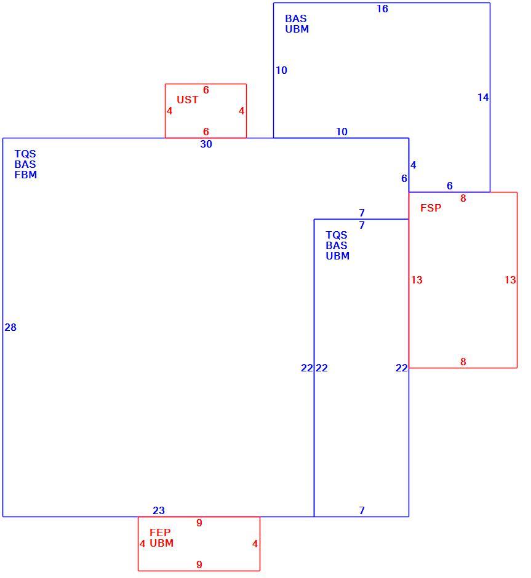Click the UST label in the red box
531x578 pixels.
187,100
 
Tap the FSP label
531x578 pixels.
431,208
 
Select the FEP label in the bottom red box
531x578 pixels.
160,532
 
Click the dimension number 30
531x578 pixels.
206,144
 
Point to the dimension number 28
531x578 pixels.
10,327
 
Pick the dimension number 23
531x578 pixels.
159,510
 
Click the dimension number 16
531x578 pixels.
382,9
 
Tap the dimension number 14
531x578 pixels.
483,97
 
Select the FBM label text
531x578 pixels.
26,175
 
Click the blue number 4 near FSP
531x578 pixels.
413,165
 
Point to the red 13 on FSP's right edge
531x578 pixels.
510,280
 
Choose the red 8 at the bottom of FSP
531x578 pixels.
463,362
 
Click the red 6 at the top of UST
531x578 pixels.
206,90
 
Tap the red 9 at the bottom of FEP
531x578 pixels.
199,564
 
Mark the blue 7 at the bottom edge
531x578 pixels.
362,510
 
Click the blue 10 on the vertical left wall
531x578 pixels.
281,71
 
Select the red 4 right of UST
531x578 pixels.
242,111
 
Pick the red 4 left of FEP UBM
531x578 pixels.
143,544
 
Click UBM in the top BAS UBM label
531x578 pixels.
297,29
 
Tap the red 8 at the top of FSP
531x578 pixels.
463,199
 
